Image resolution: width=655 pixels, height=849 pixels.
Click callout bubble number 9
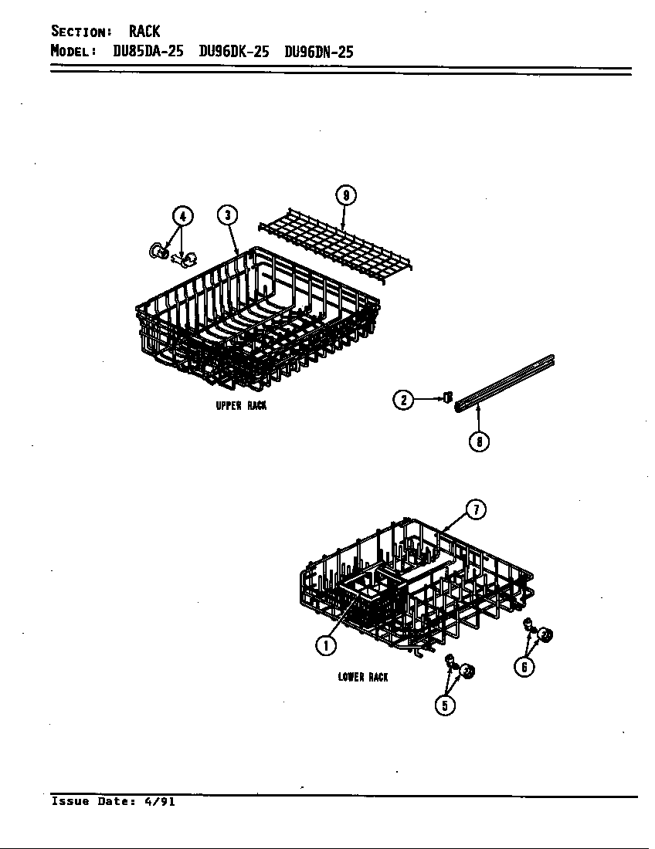(346, 195)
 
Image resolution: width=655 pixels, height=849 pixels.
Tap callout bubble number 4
(182, 216)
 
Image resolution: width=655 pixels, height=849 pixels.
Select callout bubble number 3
(228, 215)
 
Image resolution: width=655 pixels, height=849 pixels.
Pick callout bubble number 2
(403, 400)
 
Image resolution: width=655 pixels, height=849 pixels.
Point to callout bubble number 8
(479, 441)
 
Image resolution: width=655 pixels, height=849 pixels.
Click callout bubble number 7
(476, 509)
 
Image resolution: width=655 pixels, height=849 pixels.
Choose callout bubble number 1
(326, 645)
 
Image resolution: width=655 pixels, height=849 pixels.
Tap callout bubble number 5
(445, 705)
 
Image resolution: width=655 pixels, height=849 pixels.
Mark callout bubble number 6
(524, 667)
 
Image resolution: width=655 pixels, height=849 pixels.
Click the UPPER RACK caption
(241, 405)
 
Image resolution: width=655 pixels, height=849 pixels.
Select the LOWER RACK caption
(362, 677)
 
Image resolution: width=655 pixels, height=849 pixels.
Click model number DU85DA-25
(148, 52)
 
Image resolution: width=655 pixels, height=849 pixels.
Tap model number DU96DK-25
(234, 52)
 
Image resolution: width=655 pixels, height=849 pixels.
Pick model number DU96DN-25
(318, 52)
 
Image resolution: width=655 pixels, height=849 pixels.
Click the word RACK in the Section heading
(144, 32)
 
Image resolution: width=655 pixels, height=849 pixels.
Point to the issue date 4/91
(160, 801)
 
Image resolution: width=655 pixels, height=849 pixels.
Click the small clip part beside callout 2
(447, 398)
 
